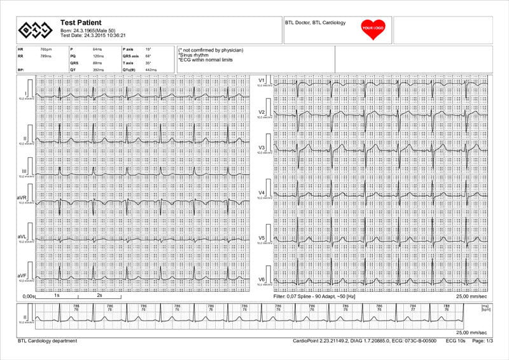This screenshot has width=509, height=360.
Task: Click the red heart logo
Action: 373,29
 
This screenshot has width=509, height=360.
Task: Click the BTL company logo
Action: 35,29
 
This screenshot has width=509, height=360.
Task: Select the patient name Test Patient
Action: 81,23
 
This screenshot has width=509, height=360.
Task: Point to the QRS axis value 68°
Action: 148,56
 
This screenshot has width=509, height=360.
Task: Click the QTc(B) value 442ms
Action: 151,70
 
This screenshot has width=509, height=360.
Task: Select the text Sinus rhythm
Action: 193,55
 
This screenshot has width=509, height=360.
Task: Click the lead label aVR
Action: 22,198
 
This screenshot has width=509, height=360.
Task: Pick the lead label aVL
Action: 22,236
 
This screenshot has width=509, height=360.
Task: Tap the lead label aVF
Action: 22,275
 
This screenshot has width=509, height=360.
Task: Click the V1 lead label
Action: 261,80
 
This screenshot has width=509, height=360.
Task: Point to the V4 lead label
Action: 261,192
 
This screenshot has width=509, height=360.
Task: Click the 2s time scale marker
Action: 99,296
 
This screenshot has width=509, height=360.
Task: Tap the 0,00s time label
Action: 28,296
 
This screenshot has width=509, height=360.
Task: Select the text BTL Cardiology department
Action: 48,341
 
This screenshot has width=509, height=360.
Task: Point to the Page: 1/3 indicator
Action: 480,341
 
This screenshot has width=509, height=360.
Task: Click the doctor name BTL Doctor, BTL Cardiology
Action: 316,23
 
